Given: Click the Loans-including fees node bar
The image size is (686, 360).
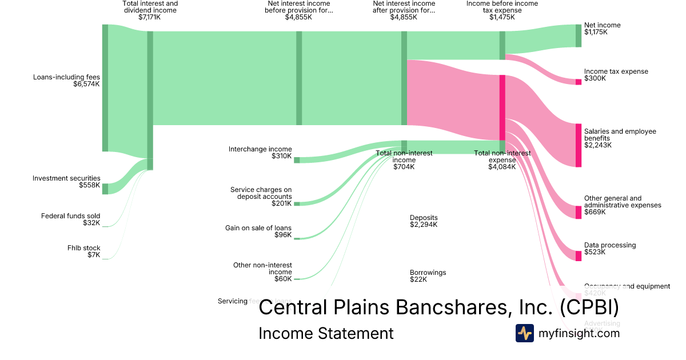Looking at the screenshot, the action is [x=105, y=88].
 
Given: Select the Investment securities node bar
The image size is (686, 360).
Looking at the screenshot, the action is [x=105, y=189].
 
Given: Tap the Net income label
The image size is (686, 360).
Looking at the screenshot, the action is [x=602, y=25].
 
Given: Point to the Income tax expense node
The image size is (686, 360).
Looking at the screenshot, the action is [x=578, y=82].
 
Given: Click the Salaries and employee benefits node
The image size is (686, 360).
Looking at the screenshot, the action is [x=578, y=145].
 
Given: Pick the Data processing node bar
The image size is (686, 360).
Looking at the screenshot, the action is [x=578, y=255].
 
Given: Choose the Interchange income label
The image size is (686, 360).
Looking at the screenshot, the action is [x=260, y=149].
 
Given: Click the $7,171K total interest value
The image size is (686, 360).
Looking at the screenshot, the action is [x=150, y=17].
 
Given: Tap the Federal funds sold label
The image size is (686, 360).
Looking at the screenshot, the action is [x=70, y=216].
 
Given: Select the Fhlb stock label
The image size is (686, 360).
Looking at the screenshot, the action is [x=83, y=248].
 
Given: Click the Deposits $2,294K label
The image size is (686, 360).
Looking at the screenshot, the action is [x=424, y=221].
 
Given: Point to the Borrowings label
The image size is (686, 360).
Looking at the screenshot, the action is [x=428, y=273].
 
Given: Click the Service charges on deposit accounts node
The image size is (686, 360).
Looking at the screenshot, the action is [x=297, y=203].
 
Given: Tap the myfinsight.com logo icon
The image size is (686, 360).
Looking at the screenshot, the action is [x=525, y=333].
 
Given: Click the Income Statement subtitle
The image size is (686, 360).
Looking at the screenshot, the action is [x=326, y=334].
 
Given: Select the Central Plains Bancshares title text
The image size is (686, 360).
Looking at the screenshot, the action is [x=438, y=307].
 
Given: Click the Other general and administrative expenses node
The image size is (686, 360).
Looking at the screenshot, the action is [x=578, y=212].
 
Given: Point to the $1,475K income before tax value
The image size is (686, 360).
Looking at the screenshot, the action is [x=502, y=17].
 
